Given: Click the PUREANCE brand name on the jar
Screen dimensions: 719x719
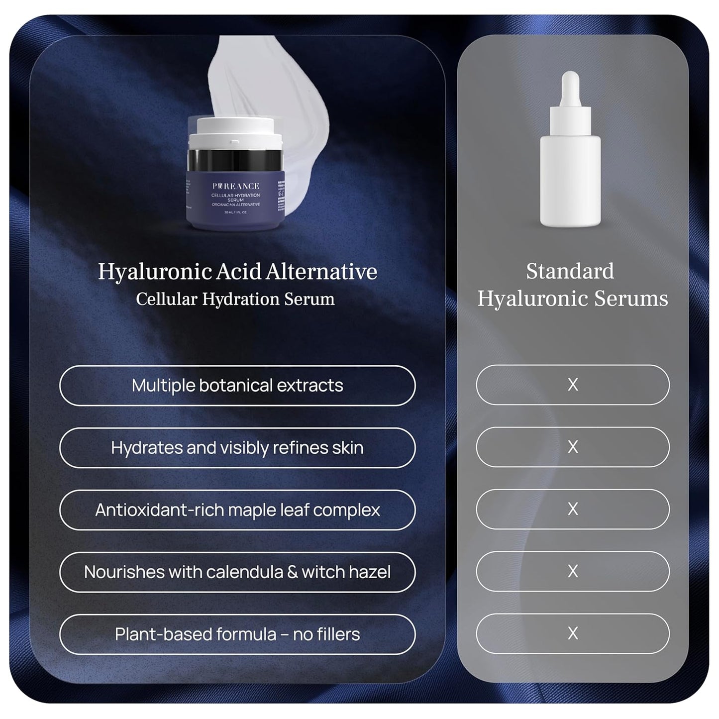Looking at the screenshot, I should click(235, 186).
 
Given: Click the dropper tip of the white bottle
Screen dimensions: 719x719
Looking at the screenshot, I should click(570, 80).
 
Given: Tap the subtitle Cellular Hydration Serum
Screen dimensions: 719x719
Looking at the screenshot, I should click(235, 299).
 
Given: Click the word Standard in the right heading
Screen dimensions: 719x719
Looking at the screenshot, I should click(570, 272).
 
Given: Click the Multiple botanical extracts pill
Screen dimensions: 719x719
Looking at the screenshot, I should click(237, 386).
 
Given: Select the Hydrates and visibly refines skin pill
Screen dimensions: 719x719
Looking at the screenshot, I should click(237, 448).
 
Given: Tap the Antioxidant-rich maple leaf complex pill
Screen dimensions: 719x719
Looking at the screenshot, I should click(237, 510).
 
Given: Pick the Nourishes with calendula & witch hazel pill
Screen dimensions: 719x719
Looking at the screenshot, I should click(237, 572).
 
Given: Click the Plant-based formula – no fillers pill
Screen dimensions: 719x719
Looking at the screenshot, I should click(237, 634).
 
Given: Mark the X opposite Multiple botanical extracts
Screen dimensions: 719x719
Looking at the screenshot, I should click(573, 385).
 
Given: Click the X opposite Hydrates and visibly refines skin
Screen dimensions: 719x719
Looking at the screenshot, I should click(573, 447).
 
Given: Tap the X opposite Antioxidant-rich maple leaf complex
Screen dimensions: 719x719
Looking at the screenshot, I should click(573, 509).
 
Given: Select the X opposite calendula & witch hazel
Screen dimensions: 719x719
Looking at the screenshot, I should click(573, 571).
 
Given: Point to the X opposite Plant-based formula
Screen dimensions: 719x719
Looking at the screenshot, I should click(573, 633).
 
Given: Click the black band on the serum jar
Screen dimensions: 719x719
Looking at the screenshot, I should click(235, 160).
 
